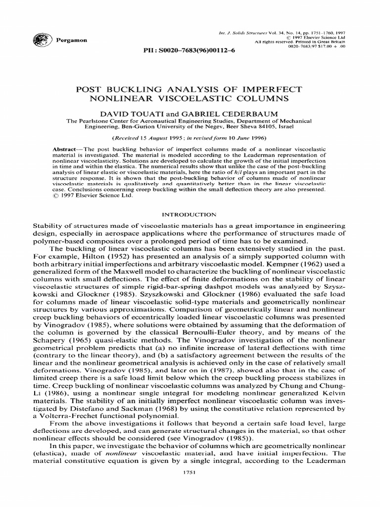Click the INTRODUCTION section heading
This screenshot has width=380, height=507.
tap(190, 214)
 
